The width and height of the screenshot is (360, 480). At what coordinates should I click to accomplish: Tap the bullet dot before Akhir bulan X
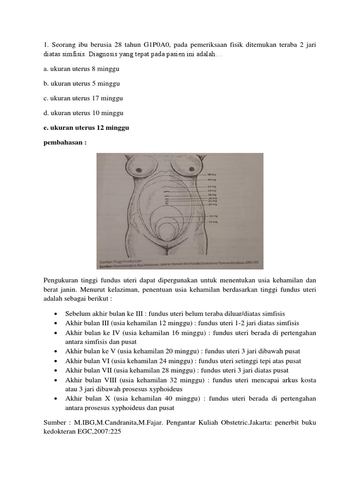[56, 398]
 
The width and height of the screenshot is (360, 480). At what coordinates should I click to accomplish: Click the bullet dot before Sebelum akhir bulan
[56, 313]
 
